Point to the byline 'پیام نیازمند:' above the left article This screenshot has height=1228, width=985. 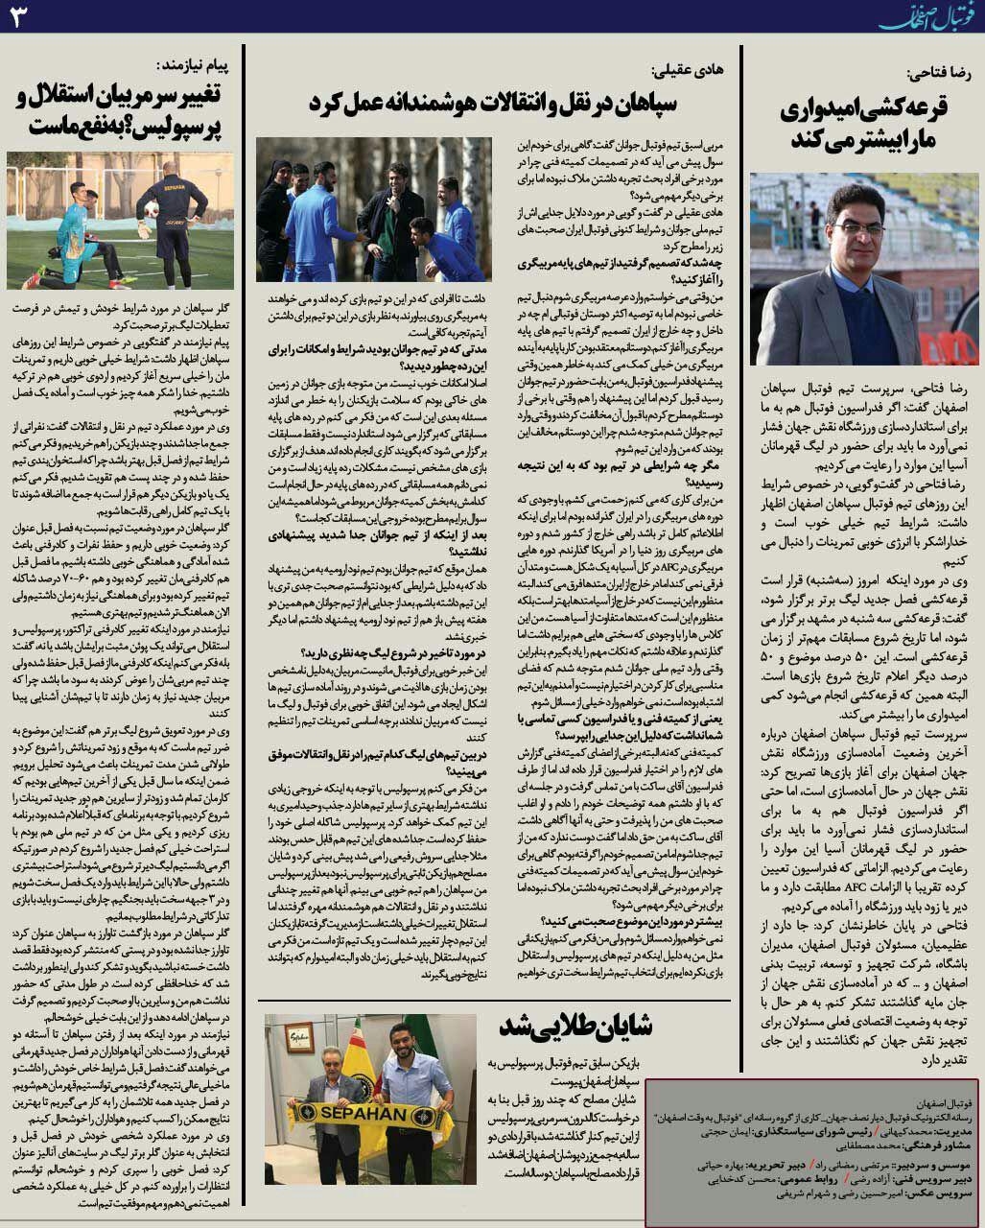click(x=197, y=64)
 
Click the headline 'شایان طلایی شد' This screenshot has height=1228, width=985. click(x=575, y=1026)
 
